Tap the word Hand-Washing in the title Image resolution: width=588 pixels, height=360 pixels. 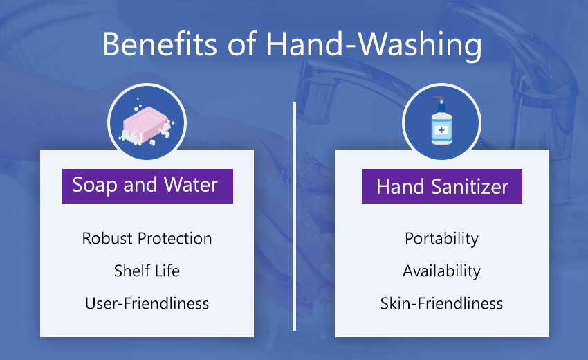374,46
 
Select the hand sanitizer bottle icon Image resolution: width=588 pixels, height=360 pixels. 441,121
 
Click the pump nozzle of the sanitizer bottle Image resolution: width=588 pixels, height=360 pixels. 439,99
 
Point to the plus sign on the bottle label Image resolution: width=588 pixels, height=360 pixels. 441,130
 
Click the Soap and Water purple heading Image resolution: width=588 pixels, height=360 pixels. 147,186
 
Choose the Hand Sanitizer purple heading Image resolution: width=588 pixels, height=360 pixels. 442,186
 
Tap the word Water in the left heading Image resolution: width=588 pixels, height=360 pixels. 191,185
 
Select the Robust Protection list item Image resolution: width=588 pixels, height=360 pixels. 147,238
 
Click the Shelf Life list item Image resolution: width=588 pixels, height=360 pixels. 147,271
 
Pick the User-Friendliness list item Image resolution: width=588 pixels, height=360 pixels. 147,303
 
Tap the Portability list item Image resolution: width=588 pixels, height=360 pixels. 442,239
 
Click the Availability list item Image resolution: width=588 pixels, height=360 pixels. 442,271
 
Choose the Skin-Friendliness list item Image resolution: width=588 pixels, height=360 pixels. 442,303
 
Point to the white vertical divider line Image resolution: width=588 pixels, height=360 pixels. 295,217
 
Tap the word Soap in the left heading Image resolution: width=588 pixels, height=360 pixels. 95,186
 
